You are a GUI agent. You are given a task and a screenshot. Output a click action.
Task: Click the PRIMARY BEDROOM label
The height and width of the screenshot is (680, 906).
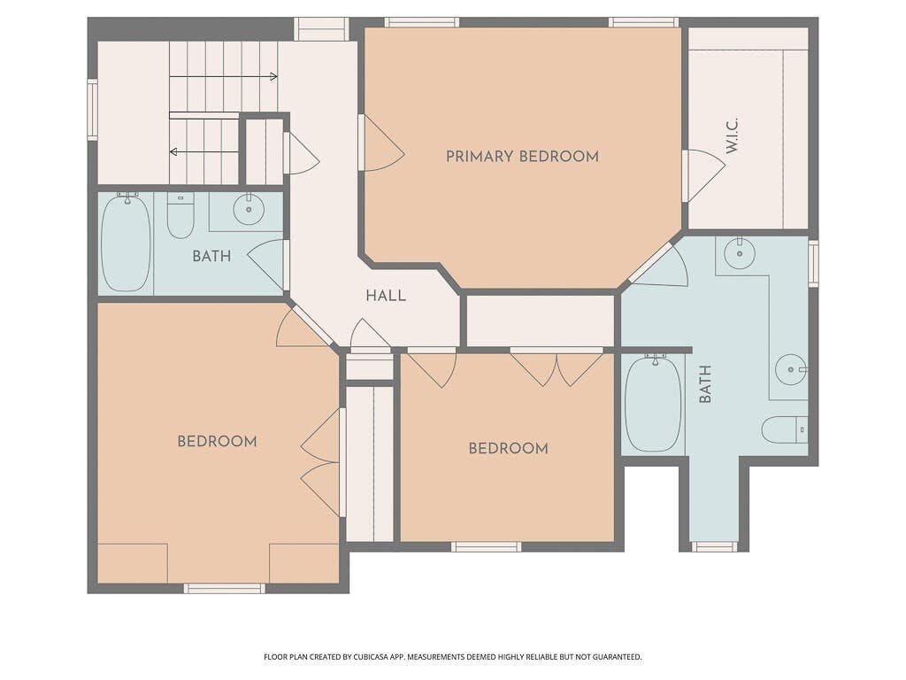(x=522, y=156)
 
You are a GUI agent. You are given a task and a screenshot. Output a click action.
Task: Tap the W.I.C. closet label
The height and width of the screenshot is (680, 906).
(x=732, y=135)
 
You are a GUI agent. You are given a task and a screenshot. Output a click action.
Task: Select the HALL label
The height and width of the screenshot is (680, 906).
(x=386, y=296)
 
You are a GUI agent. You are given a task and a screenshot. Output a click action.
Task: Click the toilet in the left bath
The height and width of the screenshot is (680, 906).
(x=180, y=215)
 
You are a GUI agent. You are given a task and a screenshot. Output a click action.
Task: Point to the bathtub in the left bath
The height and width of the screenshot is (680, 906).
(x=126, y=243)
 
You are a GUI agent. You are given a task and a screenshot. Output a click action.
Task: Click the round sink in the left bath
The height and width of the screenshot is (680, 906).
(x=249, y=209)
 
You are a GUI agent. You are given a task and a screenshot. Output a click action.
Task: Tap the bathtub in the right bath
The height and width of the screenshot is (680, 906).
(x=654, y=404)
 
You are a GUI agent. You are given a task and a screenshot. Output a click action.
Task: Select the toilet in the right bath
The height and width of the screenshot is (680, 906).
(x=785, y=429)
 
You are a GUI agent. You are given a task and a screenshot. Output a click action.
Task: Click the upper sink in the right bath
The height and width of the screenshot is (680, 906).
(x=740, y=253)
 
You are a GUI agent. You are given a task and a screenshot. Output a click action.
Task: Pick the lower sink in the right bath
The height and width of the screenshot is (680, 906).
(x=790, y=369)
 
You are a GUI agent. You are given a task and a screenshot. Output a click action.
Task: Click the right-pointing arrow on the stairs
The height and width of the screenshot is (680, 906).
(x=223, y=76)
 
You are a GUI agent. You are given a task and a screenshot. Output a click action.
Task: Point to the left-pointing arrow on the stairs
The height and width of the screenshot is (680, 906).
(x=203, y=152)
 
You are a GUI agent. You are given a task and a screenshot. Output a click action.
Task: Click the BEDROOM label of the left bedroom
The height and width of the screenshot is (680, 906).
(x=218, y=442)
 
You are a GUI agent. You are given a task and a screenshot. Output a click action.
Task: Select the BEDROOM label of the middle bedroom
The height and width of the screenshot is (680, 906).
(x=509, y=449)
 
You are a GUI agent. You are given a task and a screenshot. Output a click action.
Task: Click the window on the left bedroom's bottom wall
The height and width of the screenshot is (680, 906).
(x=225, y=589)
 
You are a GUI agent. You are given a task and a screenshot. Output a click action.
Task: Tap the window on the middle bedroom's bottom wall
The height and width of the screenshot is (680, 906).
(x=486, y=547)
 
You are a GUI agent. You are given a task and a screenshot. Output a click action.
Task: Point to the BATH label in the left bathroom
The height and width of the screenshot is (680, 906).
(x=211, y=256)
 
